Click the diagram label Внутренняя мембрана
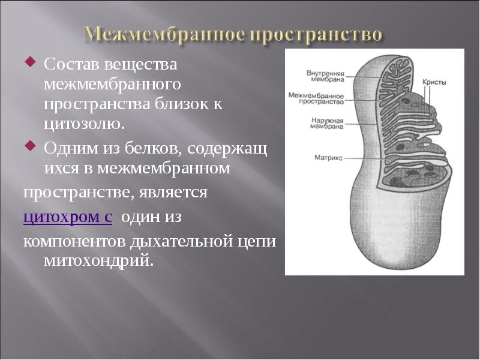[325, 76]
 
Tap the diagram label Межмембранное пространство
[316, 98]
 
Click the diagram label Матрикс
[328, 158]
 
